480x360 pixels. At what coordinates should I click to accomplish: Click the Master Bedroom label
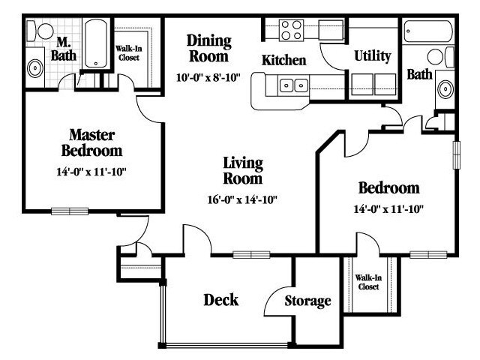[91, 142]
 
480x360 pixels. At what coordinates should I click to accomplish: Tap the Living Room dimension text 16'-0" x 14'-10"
[242, 200]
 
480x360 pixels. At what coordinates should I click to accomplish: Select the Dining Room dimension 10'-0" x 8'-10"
[208, 77]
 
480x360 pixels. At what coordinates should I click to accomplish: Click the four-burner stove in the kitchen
[291, 30]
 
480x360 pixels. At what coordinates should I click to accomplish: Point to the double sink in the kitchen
[293, 85]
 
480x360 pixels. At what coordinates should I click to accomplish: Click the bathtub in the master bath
[96, 43]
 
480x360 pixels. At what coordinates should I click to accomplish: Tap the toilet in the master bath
[40, 31]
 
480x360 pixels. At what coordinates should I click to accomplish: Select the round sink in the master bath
[35, 68]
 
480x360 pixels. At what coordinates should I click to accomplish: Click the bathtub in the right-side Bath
[428, 31]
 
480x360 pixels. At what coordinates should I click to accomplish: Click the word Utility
[373, 56]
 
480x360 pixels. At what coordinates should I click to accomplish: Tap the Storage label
[307, 301]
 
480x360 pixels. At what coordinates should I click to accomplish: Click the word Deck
[220, 300]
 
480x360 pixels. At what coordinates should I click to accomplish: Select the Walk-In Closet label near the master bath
[129, 53]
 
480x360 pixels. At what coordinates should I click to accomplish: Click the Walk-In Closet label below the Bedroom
[368, 282]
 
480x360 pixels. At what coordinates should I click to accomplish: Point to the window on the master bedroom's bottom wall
[70, 211]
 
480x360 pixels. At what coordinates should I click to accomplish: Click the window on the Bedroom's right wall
[457, 154]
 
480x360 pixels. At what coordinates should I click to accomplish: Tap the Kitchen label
[283, 60]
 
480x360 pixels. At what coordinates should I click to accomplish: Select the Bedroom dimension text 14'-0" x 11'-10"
[388, 209]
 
